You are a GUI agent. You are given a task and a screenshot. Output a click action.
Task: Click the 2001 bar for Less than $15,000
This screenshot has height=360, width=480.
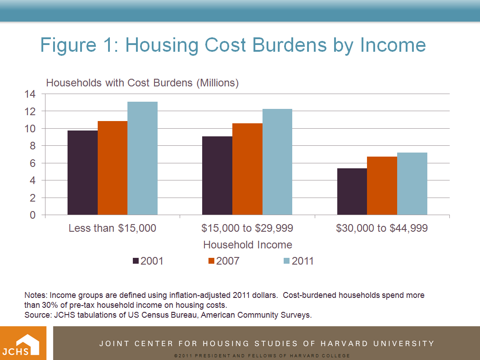click(x=82, y=173)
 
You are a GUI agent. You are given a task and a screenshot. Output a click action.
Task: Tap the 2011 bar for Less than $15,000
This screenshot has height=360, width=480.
click(x=142, y=158)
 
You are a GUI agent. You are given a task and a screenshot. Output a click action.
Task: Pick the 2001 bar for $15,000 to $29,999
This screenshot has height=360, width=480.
click(x=217, y=175)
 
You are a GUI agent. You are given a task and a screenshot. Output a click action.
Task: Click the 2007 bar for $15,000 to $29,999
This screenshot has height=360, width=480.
click(x=247, y=169)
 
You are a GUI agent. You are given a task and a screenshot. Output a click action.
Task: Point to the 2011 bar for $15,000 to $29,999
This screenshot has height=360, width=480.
click(x=277, y=162)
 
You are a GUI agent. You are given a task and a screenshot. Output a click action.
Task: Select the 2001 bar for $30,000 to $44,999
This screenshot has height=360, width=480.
click(x=352, y=192)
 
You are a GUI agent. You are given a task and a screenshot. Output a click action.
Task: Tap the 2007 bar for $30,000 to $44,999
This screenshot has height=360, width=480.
click(x=382, y=186)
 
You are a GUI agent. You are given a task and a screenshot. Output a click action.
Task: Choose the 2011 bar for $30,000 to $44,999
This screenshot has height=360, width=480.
click(x=412, y=184)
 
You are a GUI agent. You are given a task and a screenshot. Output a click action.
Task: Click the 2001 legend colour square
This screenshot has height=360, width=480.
click(x=136, y=261)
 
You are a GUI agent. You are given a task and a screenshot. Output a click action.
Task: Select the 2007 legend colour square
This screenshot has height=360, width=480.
click(x=212, y=261)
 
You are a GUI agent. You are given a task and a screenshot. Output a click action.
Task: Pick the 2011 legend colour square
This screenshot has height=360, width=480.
click(x=287, y=261)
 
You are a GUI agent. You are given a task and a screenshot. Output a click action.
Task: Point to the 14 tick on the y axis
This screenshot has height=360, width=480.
click(x=30, y=94)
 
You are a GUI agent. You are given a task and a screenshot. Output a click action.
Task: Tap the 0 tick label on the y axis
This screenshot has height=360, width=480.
click(x=32, y=216)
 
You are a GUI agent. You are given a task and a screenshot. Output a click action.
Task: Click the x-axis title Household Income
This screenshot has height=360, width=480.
click(x=248, y=245)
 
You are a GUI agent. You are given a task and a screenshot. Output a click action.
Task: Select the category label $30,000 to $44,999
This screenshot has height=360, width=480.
click(x=382, y=228)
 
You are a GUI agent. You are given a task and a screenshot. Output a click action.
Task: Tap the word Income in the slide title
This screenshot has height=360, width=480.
click(x=393, y=45)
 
